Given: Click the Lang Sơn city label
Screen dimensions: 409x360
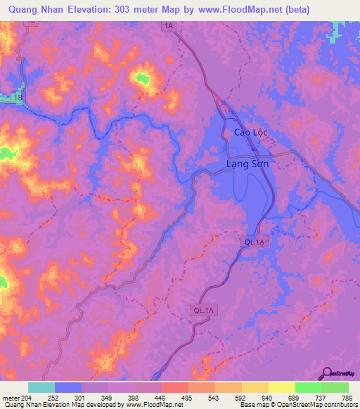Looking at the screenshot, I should (x=247, y=164).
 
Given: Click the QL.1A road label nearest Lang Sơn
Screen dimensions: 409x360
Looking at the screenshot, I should (x=254, y=242).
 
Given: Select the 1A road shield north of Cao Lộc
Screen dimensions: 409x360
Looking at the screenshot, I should (x=167, y=26).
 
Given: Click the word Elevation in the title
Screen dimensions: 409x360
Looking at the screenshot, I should (x=102, y=10).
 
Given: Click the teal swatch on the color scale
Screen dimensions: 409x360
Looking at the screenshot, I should (x=41, y=387).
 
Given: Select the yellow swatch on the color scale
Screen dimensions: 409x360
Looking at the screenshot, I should (x=281, y=387).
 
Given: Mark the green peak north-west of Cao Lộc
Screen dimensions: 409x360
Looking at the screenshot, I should (x=146, y=79).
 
